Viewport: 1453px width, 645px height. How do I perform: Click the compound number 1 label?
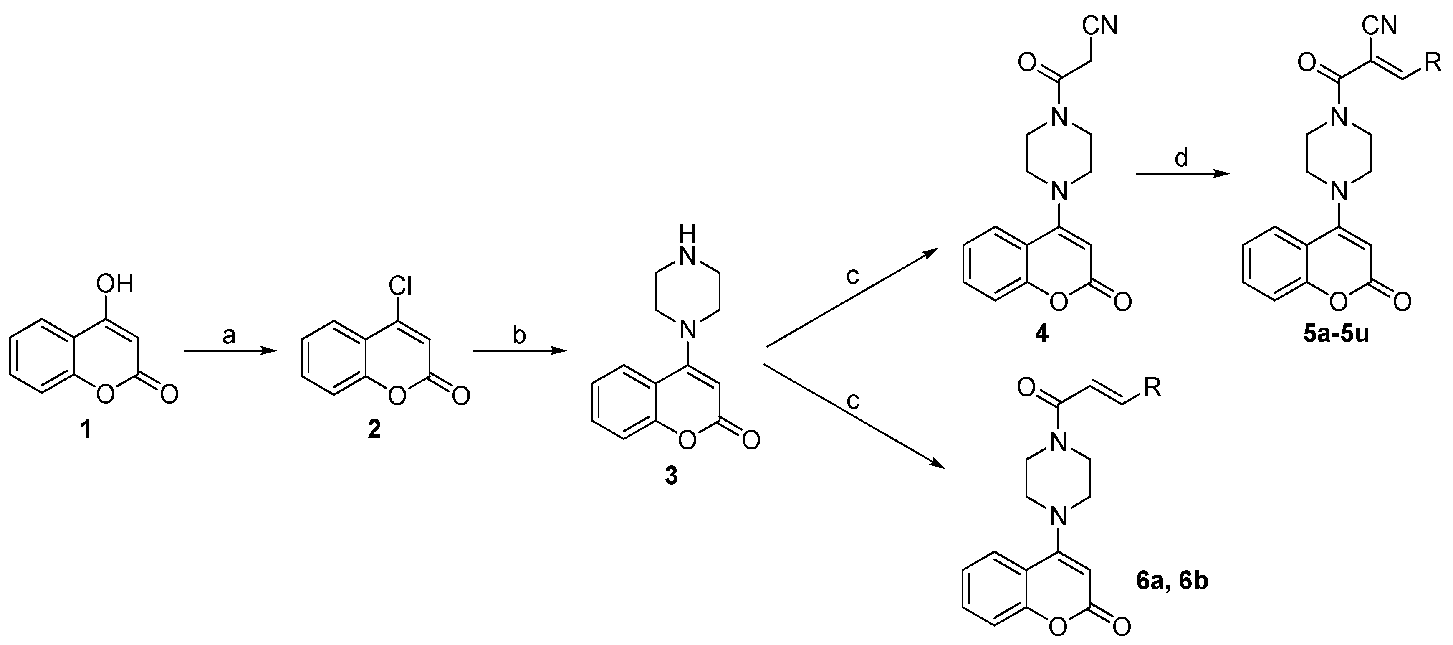(85, 431)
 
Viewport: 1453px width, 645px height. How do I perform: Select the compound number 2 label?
(374, 431)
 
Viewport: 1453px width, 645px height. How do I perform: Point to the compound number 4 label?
(1041, 335)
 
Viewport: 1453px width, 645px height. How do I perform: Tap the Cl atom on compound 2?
(399, 286)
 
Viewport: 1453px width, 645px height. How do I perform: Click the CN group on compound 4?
(1100, 25)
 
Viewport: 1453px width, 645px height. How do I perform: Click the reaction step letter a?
(228, 336)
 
